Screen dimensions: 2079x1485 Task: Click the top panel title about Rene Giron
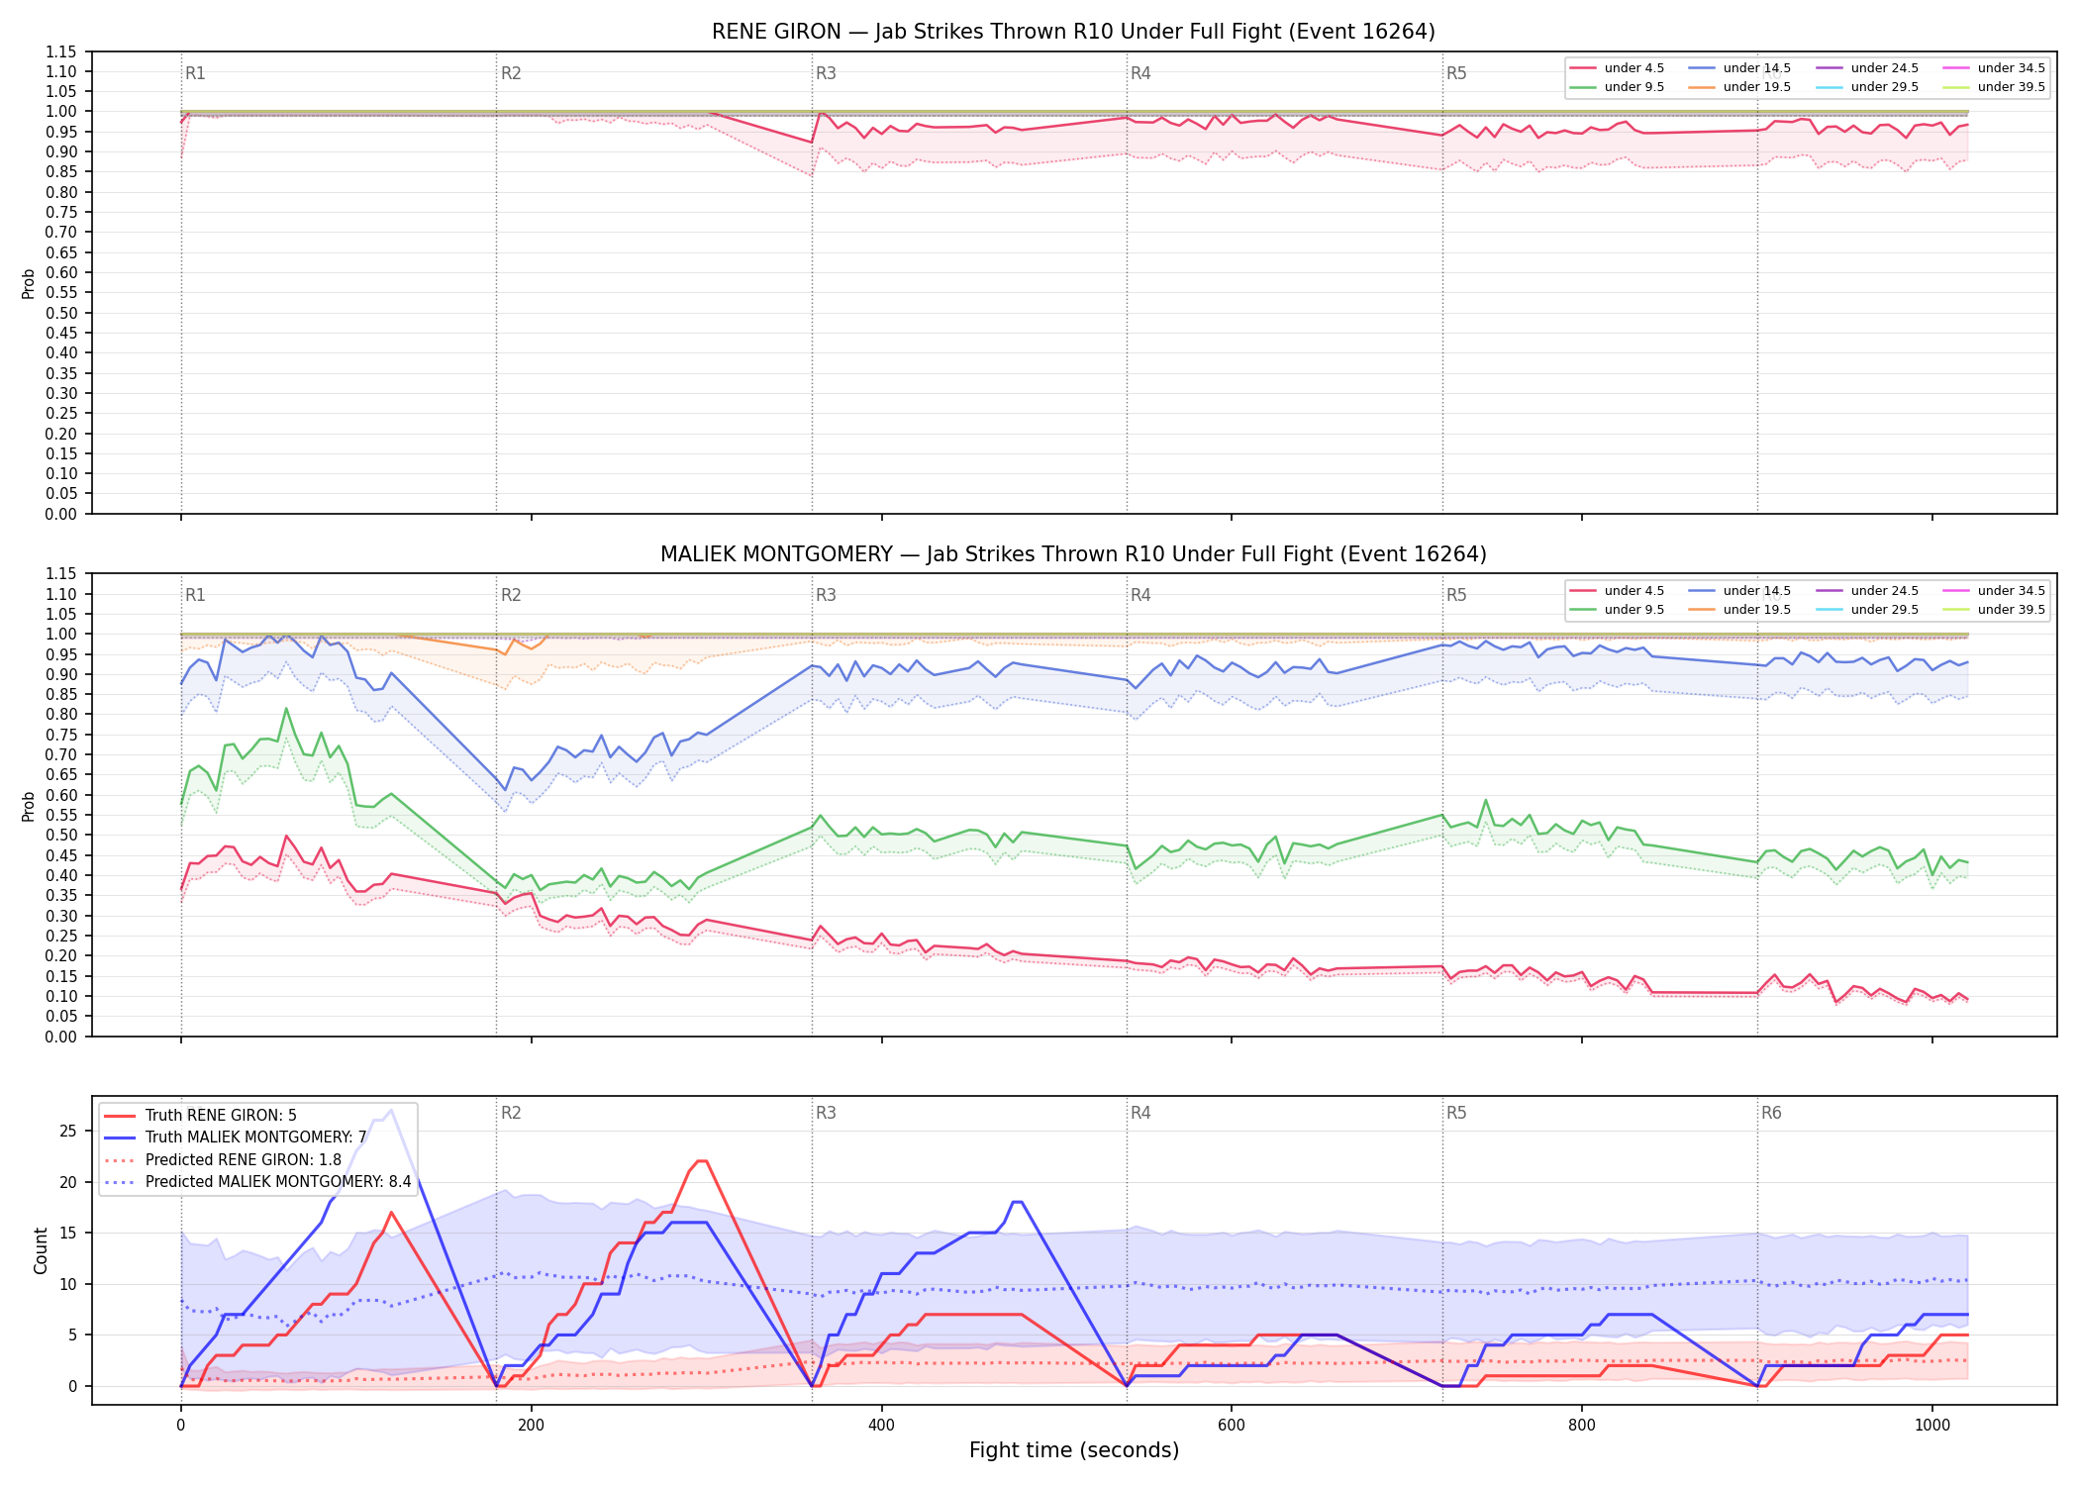point(1073,32)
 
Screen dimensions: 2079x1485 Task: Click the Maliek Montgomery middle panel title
point(1073,554)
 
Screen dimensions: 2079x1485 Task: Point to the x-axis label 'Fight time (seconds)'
point(1074,1450)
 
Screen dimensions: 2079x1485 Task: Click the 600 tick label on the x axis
point(1232,1426)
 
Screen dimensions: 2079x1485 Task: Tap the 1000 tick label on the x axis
point(1932,1426)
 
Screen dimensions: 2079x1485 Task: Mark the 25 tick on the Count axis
point(68,1132)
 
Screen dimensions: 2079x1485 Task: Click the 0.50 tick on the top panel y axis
point(60,313)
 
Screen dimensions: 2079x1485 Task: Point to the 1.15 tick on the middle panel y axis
point(60,574)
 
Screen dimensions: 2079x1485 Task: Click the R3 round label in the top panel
point(826,73)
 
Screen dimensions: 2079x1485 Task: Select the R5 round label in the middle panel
point(1456,595)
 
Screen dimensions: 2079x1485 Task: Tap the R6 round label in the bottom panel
point(1771,1113)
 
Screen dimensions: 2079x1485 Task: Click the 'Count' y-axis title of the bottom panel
point(41,1250)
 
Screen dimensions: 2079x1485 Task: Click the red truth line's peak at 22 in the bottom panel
point(702,1161)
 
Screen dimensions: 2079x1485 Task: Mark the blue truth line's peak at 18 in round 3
point(1017,1202)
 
